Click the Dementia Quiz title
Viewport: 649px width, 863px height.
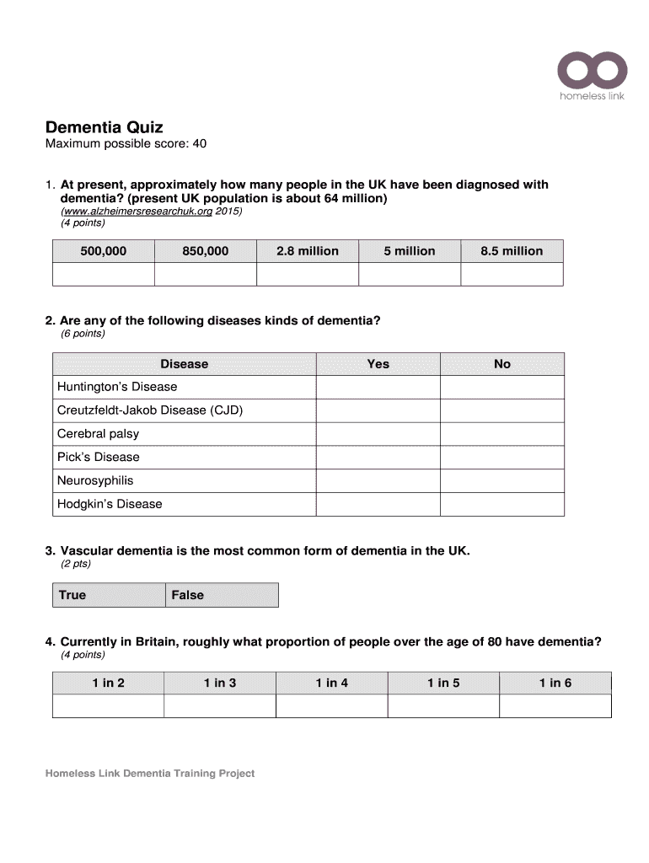pos(104,127)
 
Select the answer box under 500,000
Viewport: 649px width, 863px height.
pos(103,274)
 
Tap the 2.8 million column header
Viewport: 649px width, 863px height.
pos(307,251)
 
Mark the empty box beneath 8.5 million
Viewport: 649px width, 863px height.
pos(512,274)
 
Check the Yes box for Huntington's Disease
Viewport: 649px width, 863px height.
pos(378,387)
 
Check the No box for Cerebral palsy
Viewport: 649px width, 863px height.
pos(501,434)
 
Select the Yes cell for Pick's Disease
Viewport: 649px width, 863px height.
pos(378,458)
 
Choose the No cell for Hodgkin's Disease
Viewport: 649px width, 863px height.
pos(501,504)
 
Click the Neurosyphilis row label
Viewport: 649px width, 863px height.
pos(95,480)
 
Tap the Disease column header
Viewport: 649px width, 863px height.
pos(184,364)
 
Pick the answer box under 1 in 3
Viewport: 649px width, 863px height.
pos(219,706)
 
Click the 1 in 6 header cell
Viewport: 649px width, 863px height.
pos(555,683)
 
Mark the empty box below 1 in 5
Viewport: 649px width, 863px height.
pos(442,706)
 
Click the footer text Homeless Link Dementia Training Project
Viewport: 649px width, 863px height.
pos(150,773)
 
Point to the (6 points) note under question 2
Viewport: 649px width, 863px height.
pos(83,334)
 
